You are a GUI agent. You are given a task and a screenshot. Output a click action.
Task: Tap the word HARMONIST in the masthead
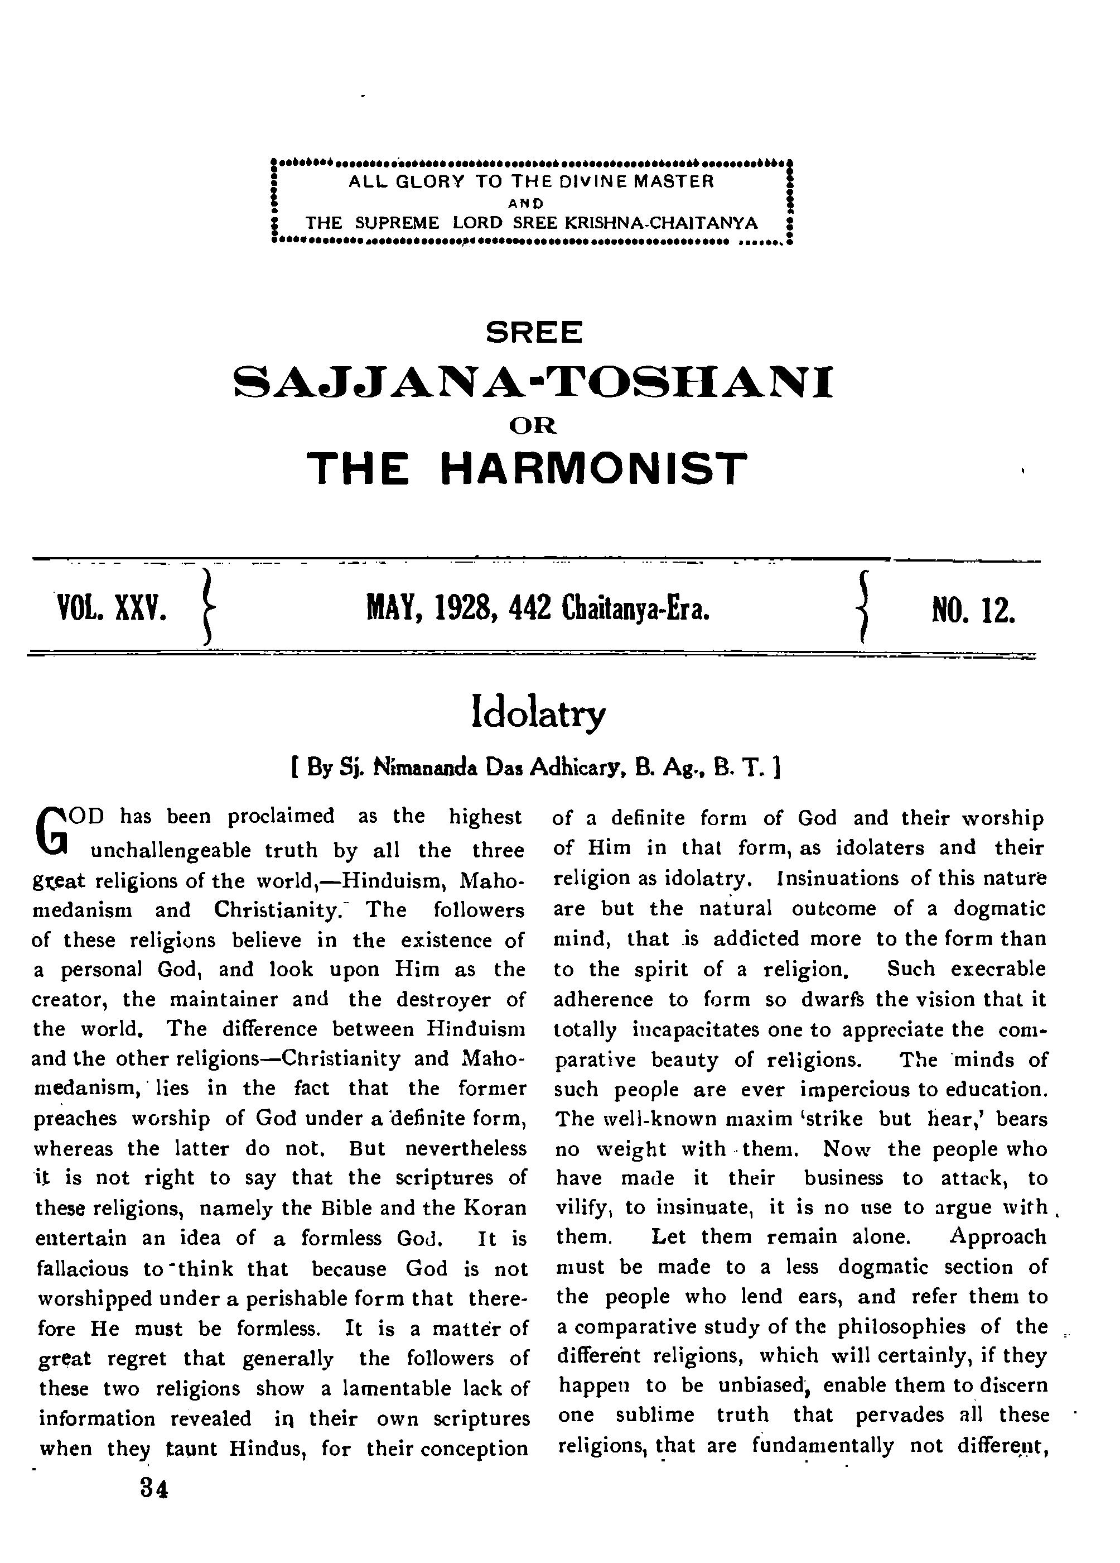pyautogui.click(x=593, y=469)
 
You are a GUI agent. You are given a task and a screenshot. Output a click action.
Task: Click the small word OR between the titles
pyautogui.click(x=533, y=426)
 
